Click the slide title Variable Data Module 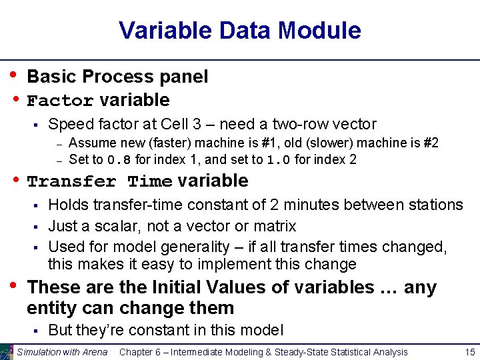pyautogui.click(x=239, y=31)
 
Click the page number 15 pyautogui.click(x=469, y=352)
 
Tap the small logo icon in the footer pyautogui.click(x=7, y=352)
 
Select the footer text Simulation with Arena pyautogui.click(x=62, y=352)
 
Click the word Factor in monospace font pyautogui.click(x=60, y=101)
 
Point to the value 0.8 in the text pyautogui.click(x=115, y=160)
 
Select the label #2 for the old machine pyautogui.click(x=429, y=143)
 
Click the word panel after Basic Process pyautogui.click(x=185, y=77)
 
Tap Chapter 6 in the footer pyautogui.click(x=144, y=352)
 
